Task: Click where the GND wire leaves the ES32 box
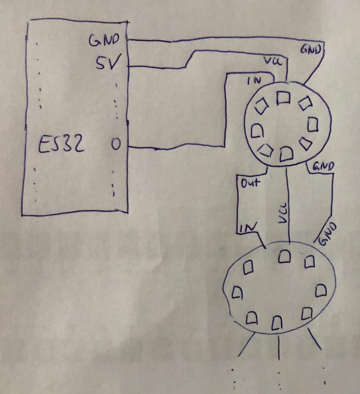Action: click(x=128, y=40)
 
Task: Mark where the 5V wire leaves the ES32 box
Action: click(x=128, y=66)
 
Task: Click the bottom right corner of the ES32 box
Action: click(x=128, y=213)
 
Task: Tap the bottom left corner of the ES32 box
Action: click(x=22, y=216)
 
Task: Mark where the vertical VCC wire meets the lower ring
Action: click(x=290, y=243)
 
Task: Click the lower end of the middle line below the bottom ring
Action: click(x=279, y=359)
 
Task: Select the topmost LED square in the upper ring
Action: click(x=283, y=98)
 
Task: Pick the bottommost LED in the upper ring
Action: click(x=286, y=154)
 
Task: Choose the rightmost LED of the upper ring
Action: click(x=313, y=124)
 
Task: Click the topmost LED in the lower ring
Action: click(x=285, y=256)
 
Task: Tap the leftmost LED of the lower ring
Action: click(x=237, y=292)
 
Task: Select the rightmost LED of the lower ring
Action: click(x=321, y=291)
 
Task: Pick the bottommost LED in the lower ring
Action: click(x=277, y=323)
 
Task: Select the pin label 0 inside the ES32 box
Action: click(x=116, y=144)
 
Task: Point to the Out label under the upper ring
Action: click(x=251, y=183)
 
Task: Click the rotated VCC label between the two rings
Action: click(x=283, y=213)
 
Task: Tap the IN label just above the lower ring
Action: click(x=248, y=227)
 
